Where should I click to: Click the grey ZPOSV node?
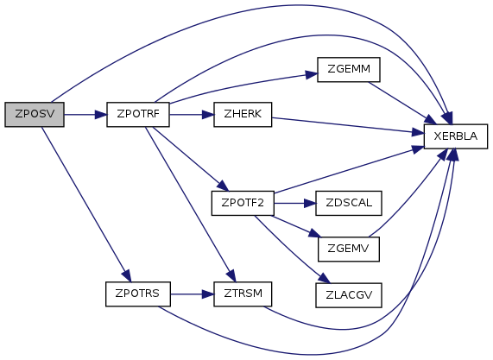pos(35,115)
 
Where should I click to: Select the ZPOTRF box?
pos(138,115)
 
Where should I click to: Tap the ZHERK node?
pos(243,115)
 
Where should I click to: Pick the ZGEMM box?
pos(349,69)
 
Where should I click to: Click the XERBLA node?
pos(456,136)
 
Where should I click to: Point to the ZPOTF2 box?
pos(243,203)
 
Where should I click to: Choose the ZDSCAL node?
pos(349,203)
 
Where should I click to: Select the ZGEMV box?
pos(349,249)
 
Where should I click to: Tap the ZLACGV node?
pos(349,295)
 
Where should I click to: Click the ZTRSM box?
pos(243,294)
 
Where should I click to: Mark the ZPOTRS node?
pos(138,294)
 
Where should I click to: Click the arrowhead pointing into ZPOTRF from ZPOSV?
pos(101,115)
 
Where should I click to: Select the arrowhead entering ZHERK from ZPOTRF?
pos(208,115)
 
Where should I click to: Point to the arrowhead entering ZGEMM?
pos(312,75)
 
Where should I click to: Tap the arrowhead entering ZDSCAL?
pos(310,204)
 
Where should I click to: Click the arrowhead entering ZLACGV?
pos(325,278)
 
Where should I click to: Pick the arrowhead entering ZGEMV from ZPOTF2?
pos(314,234)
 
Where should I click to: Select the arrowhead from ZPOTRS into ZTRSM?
pos(208,294)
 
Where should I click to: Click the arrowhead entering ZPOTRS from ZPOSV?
pos(126,276)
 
